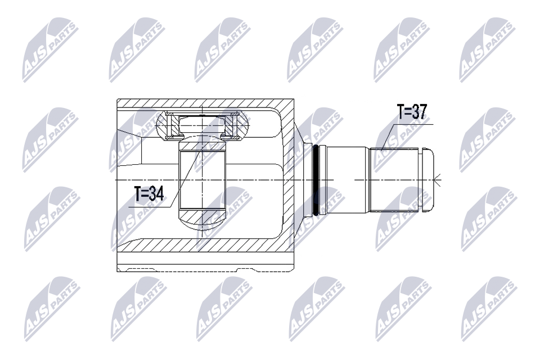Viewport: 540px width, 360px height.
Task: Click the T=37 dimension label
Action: coord(412,112)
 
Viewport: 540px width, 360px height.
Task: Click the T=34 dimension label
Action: coord(148,195)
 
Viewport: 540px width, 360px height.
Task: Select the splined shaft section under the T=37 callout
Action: coord(394,180)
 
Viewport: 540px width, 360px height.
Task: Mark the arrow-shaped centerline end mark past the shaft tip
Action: coord(438,180)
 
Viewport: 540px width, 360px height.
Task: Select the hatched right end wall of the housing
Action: coord(287,180)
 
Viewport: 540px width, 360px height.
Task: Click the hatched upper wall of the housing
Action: coord(202,103)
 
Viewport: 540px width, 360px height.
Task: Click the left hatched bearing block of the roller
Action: coord(170,125)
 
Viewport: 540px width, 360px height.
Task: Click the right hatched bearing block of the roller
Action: coord(236,125)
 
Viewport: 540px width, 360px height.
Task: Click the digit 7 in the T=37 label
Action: coord(422,112)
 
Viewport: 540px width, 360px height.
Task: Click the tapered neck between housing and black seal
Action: coord(304,180)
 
